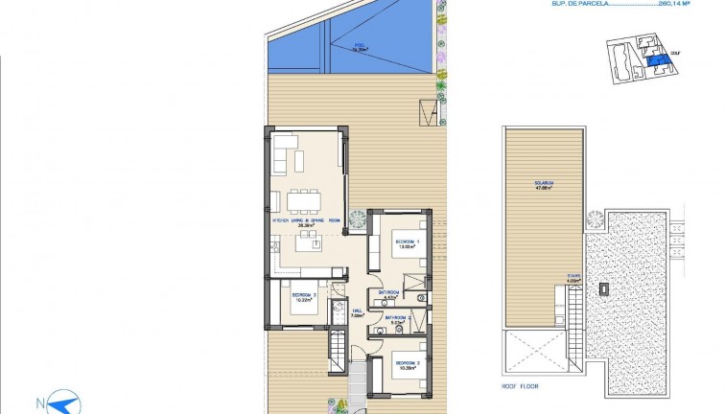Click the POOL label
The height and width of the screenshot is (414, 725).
coord(360,45)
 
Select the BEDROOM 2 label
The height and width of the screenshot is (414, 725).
coord(406,364)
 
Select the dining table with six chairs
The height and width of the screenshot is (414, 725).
coord(305,201)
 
